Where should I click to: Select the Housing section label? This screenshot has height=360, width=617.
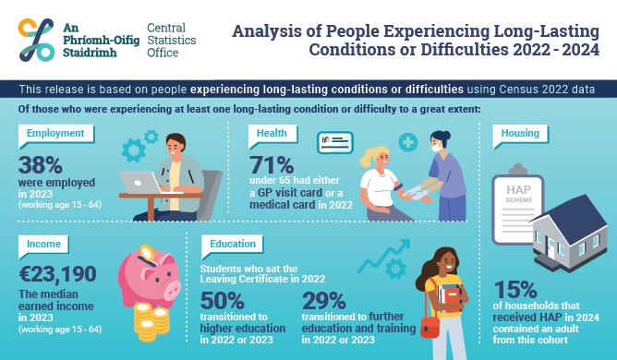click(520, 133)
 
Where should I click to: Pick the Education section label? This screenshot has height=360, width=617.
click(226, 246)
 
